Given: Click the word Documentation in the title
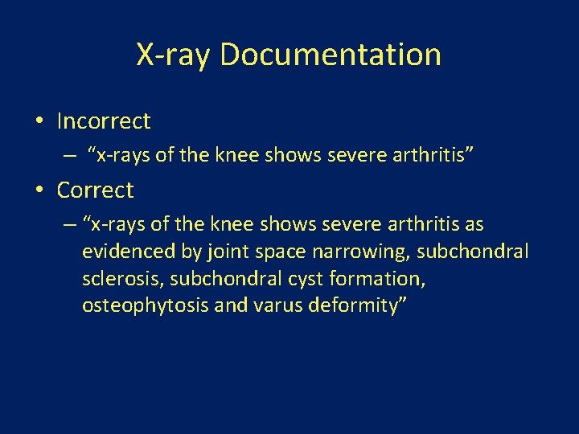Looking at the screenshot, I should coord(330,55).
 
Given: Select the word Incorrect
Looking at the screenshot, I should coord(104,121).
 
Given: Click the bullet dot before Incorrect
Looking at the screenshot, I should coord(39,122).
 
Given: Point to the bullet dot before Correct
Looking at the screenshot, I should coord(39,191).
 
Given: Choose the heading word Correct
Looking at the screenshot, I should coord(95,190).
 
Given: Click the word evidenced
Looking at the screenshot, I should coord(129,252).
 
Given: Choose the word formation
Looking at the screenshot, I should coord(376,279).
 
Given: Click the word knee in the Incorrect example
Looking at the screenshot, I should coord(236,154).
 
